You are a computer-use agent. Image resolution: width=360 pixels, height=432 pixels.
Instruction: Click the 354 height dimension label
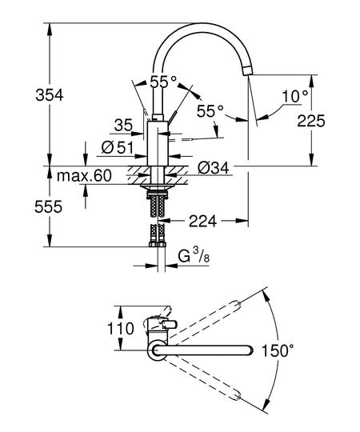pyautogui.click(x=50, y=95)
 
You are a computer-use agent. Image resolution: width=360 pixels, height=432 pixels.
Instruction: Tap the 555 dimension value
pyautogui.click(x=48, y=206)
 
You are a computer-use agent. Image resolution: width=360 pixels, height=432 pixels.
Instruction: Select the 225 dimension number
pyautogui.click(x=311, y=121)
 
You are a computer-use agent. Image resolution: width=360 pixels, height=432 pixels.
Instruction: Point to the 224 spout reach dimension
pyautogui.click(x=202, y=221)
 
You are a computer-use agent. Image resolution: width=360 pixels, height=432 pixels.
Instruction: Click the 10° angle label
pyautogui.click(x=295, y=96)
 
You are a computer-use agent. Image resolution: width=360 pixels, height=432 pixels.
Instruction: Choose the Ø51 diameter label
pyautogui.click(x=118, y=148)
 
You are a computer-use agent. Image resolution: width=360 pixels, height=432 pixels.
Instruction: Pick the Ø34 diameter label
pyautogui.click(x=213, y=167)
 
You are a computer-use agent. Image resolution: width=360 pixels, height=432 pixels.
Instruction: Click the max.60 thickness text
pyautogui.click(x=84, y=175)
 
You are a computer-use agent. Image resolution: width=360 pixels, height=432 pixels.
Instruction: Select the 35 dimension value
pyautogui.click(x=123, y=125)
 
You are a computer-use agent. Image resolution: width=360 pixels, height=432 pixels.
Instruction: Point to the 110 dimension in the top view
pyautogui.click(x=120, y=329)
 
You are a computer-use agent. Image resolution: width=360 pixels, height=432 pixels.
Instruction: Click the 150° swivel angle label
pyautogui.click(x=278, y=350)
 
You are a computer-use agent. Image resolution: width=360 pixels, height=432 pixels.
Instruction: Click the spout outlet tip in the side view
pyautogui.click(x=248, y=71)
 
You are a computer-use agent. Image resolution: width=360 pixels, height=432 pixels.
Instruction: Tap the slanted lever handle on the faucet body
pyautogui.click(x=173, y=116)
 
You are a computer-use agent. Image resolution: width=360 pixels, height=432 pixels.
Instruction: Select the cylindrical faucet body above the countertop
pyautogui.click(x=158, y=143)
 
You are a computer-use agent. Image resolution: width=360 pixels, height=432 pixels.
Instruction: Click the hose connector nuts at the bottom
pyautogui.click(x=158, y=244)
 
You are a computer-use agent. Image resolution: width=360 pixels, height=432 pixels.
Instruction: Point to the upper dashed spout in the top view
pyautogui.click(x=203, y=321)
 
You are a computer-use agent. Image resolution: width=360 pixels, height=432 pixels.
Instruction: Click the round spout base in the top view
pyautogui.click(x=158, y=350)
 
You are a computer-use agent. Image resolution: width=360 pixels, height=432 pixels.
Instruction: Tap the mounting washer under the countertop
pyautogui.click(x=158, y=186)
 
